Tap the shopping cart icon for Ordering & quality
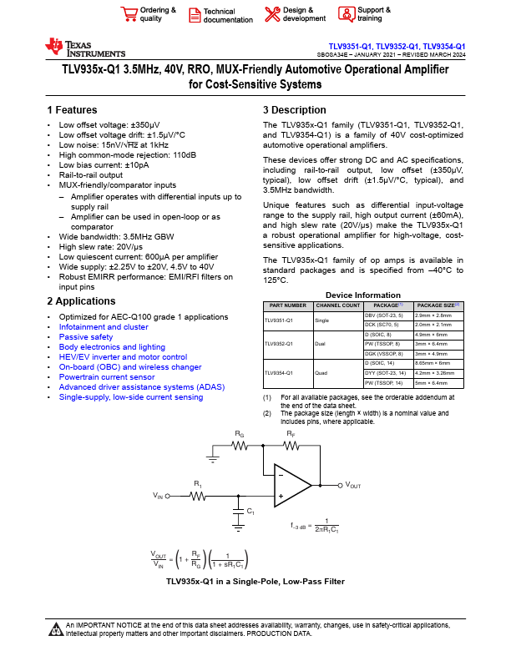129,14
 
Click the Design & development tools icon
272,14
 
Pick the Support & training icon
346,14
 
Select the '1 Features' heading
73,110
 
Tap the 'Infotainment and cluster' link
104,327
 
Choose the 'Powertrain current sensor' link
107,377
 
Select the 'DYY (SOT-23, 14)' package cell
387,373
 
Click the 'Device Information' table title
362,295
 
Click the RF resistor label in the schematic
291,434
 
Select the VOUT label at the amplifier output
353,484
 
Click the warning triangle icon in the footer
56,628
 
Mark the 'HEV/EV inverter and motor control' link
123,357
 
